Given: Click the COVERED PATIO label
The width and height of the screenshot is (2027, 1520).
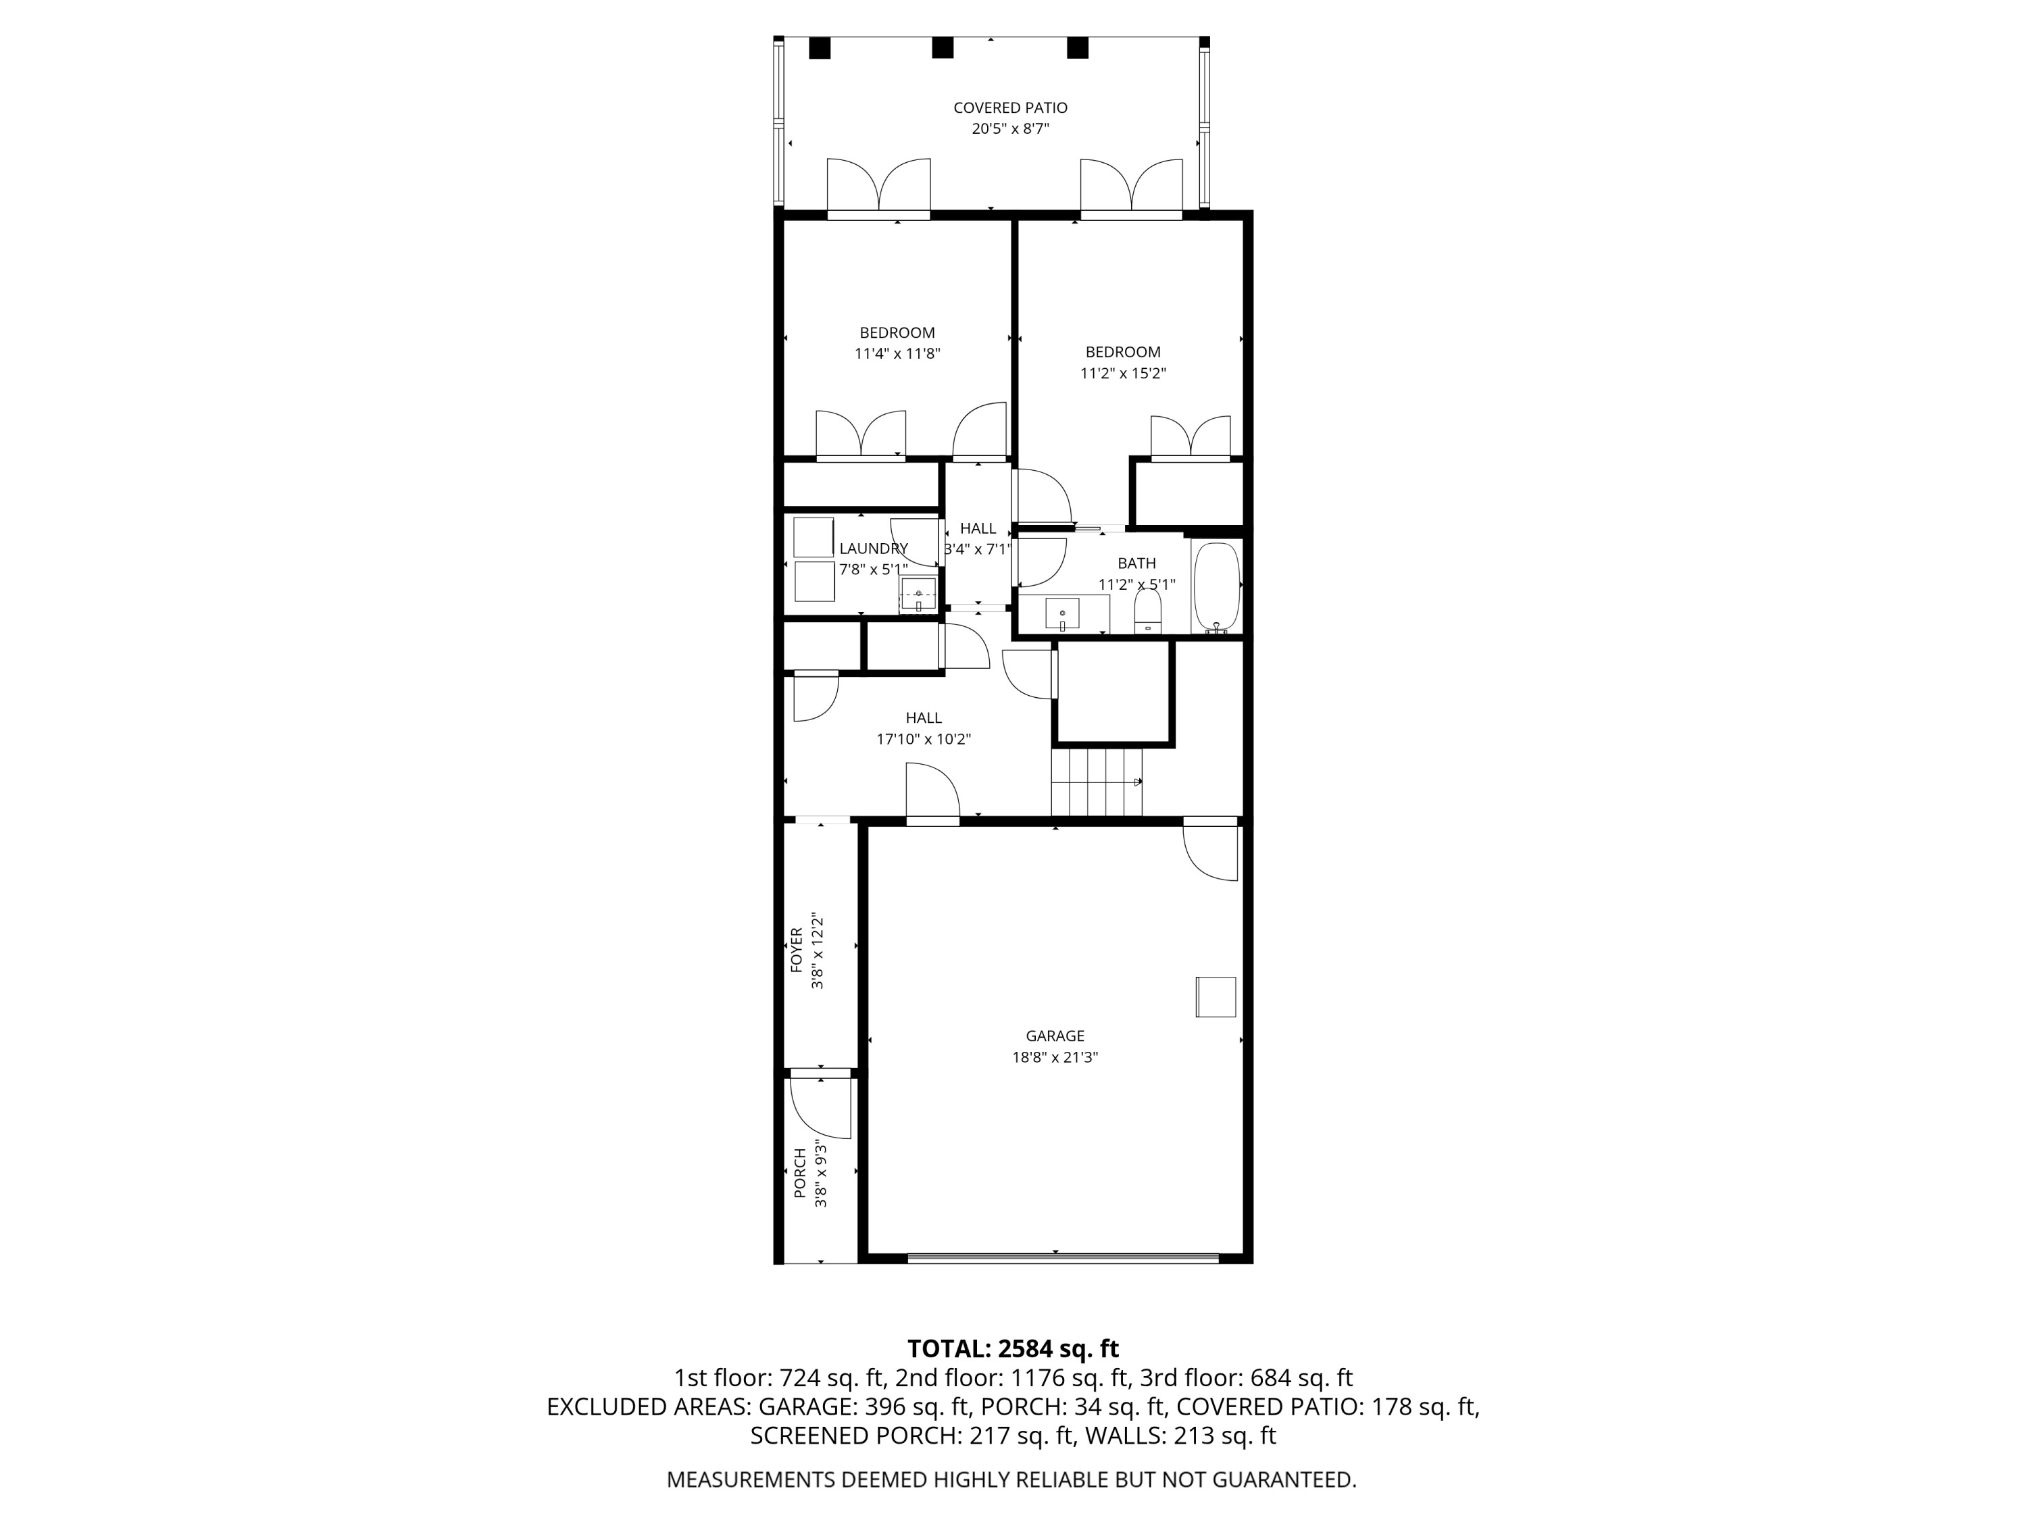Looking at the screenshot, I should [x=1010, y=108].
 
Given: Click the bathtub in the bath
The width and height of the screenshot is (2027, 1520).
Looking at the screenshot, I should [x=1216, y=586].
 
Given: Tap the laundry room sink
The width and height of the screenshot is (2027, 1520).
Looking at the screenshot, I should [x=918, y=594].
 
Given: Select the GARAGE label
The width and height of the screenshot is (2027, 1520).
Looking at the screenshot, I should [x=1055, y=1036].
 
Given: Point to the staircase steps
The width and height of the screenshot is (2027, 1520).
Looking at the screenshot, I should [x=1097, y=782].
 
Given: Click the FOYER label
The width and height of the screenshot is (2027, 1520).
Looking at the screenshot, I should [x=797, y=950].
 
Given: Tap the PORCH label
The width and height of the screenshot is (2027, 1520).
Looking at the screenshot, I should [x=799, y=1173].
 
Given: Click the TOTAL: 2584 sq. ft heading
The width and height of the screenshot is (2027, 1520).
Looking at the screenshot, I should [x=1013, y=1348].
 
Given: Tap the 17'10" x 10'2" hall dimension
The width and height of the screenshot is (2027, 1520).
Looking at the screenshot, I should [x=923, y=739].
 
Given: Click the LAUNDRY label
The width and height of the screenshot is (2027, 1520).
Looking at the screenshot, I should [x=873, y=549].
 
